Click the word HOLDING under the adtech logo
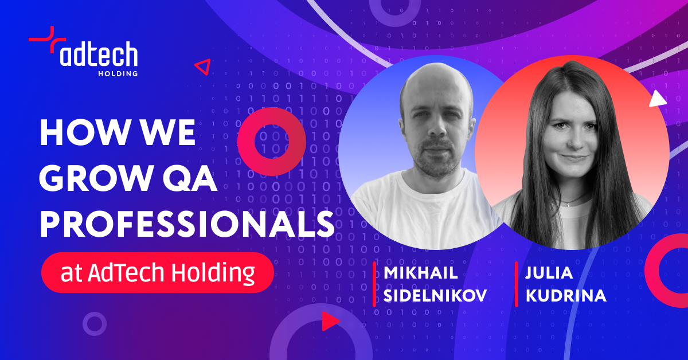coord(118,73)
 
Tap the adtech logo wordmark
coord(99,54)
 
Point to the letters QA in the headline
coord(190,179)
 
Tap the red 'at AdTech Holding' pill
coord(158,272)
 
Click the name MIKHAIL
coord(420,272)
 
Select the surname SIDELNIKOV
coord(435,295)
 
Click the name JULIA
coord(549,272)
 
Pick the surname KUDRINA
coord(566,295)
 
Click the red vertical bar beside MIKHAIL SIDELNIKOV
coord(374,284)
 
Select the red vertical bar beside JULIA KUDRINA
coord(517,284)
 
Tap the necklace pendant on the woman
coord(569,204)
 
